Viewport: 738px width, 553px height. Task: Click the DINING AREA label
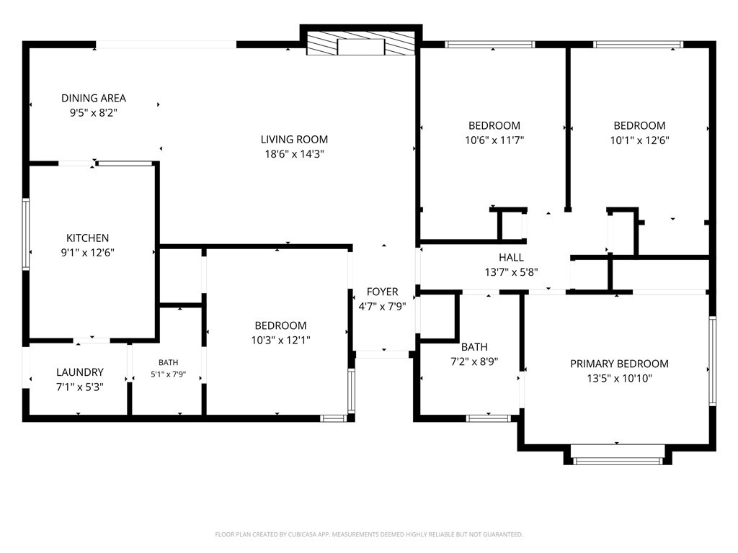(x=94, y=98)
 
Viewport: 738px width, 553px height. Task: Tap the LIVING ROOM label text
(x=294, y=139)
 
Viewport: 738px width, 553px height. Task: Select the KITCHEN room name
(x=87, y=238)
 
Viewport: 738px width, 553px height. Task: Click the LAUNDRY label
(x=80, y=372)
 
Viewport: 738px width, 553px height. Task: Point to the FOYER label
(x=382, y=292)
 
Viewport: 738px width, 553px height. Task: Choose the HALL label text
(x=511, y=257)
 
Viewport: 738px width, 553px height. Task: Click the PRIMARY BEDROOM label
(x=619, y=364)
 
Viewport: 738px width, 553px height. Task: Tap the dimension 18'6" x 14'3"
(x=294, y=154)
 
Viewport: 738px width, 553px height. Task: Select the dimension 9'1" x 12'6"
(x=87, y=253)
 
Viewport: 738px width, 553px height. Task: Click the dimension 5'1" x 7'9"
(x=169, y=374)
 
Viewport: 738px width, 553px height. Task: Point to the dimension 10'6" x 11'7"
(x=494, y=140)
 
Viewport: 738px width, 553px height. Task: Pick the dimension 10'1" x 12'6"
(x=640, y=140)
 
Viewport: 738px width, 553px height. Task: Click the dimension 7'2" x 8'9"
(x=474, y=361)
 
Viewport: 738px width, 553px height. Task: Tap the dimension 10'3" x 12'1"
(x=280, y=340)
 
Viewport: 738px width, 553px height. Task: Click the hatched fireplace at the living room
(x=360, y=43)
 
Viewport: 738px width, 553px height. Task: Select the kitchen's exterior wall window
(x=26, y=234)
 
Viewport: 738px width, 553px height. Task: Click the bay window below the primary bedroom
(x=617, y=461)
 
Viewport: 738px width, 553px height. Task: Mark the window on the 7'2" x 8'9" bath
(x=488, y=418)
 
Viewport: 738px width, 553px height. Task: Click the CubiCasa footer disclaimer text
(x=369, y=534)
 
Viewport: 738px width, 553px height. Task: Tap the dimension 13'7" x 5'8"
(x=511, y=271)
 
